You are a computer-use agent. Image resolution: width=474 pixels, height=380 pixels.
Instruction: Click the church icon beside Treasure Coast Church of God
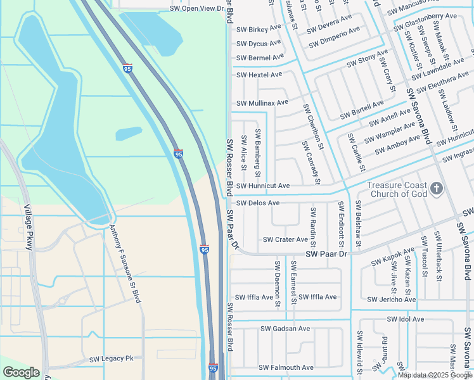[x=436, y=188]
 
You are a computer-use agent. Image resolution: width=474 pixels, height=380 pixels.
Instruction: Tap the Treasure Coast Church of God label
[x=397, y=190]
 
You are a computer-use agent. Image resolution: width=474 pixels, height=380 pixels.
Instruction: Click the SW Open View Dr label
[x=198, y=9]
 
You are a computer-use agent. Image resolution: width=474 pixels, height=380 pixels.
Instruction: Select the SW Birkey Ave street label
[x=259, y=29]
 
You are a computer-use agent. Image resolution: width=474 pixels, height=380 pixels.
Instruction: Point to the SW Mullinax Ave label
[x=262, y=103]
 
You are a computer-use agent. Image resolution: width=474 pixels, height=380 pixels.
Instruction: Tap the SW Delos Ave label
[x=257, y=203]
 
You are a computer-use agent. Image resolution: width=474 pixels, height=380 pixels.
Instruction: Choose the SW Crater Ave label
[x=285, y=239]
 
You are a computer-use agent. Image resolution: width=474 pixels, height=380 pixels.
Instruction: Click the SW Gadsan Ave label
[x=285, y=329]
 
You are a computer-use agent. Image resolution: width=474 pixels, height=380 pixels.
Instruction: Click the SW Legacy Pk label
[x=111, y=358]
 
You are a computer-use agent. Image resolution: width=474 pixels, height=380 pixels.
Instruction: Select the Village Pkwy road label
[x=28, y=227]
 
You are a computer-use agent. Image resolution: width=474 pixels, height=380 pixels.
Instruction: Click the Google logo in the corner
[x=21, y=372]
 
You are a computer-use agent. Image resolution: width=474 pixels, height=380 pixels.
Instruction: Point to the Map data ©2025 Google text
[x=435, y=375]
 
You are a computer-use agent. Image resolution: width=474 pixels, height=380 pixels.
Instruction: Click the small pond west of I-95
[x=129, y=134]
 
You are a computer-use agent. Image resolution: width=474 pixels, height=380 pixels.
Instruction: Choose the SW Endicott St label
[x=341, y=224]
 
